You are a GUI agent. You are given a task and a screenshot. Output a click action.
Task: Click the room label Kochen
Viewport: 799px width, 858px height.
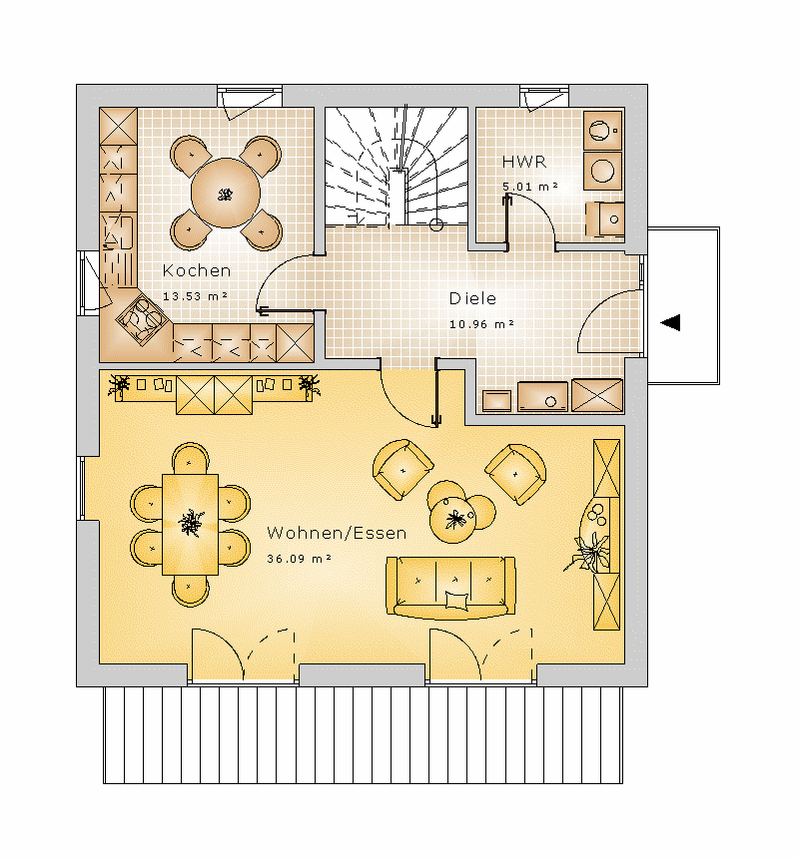point(197,270)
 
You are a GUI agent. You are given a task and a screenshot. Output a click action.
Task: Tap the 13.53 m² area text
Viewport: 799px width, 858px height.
point(195,296)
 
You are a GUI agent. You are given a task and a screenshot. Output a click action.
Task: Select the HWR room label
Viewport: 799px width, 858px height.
point(524,162)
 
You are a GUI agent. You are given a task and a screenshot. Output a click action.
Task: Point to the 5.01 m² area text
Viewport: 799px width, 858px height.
point(530,186)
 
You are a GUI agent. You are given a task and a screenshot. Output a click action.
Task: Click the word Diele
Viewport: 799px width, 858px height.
point(472,298)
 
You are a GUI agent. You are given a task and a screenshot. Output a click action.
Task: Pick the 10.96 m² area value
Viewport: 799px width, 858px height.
point(481,324)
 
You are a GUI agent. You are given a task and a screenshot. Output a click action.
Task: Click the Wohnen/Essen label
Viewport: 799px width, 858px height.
point(337,533)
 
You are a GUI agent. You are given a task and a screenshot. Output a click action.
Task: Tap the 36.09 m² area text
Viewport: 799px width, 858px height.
point(299,559)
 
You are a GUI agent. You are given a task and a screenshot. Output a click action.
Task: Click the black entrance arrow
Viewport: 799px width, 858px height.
point(670,323)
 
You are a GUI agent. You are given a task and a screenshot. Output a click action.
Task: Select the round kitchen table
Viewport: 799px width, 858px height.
point(225,193)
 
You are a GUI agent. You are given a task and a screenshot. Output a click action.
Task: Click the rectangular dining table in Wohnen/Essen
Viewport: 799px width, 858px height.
point(190,524)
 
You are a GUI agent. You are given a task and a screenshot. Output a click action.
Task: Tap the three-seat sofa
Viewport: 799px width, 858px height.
point(450,588)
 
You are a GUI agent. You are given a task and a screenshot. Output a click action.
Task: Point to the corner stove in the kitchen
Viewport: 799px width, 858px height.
point(141,319)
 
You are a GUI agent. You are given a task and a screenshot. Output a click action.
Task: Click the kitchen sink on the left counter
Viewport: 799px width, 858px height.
point(120,232)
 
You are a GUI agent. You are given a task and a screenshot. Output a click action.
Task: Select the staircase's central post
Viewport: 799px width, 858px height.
point(399,196)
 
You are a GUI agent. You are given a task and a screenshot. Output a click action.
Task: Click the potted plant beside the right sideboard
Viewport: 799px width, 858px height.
point(591,554)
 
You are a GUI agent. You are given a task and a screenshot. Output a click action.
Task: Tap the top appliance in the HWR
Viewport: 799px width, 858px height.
point(602,131)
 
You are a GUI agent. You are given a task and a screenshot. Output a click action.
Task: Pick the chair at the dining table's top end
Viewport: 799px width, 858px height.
point(191,459)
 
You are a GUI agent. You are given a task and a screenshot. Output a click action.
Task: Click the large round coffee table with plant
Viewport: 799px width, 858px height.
point(453,519)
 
